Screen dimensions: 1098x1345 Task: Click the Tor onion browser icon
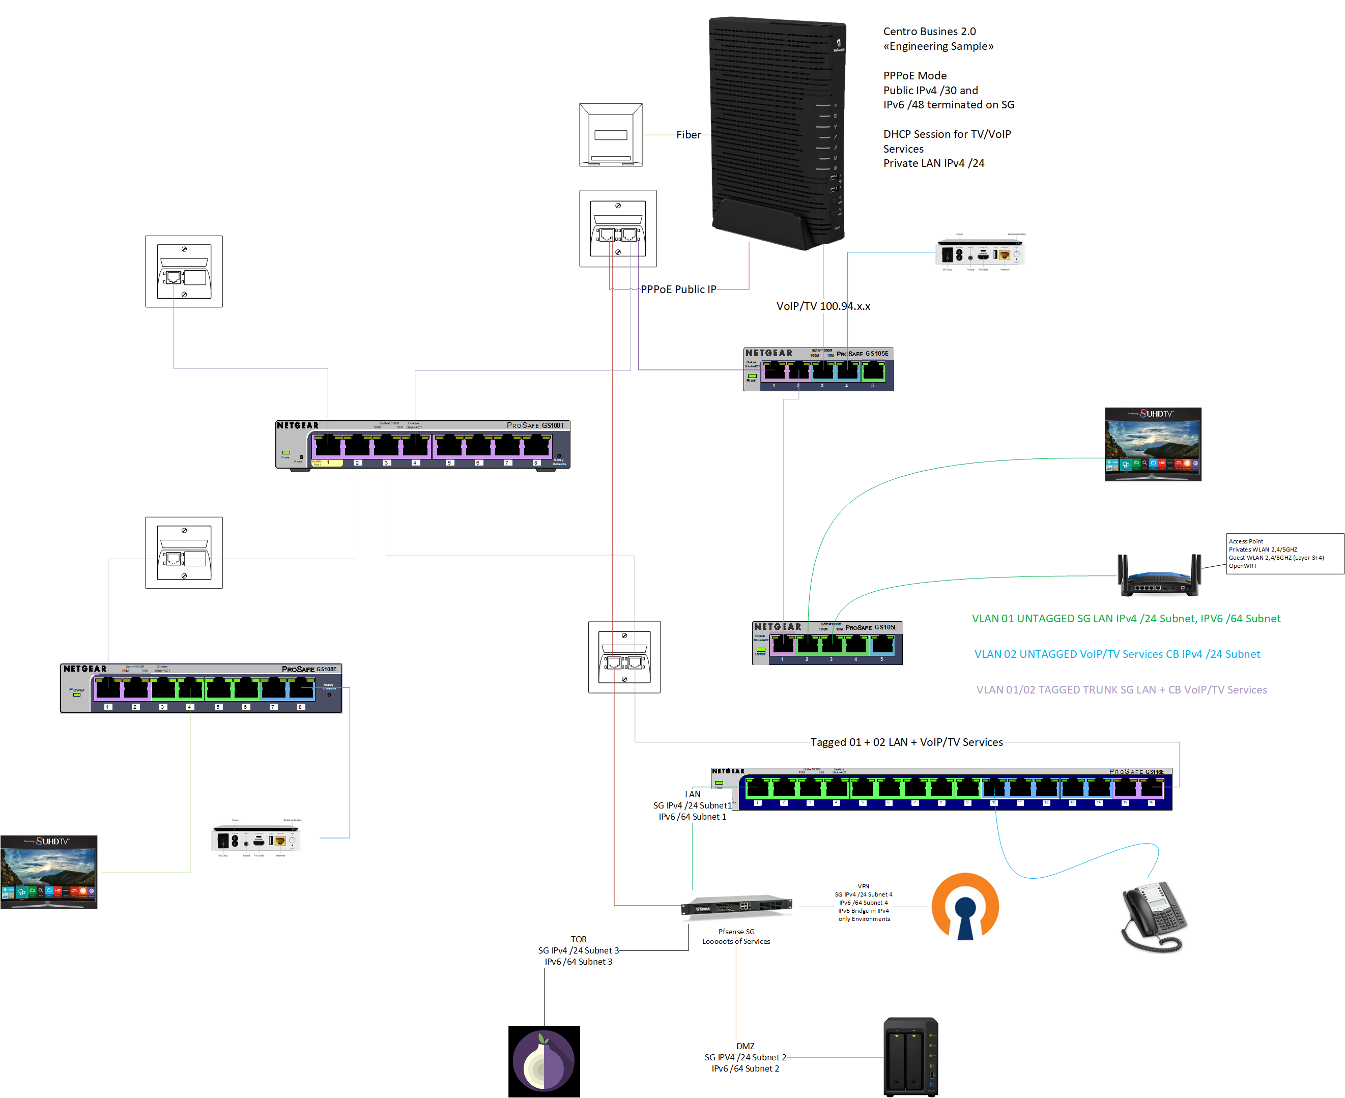click(543, 1061)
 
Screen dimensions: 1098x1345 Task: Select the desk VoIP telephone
click(1153, 917)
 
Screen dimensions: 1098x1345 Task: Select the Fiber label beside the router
click(689, 135)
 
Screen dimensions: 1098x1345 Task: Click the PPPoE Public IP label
click(678, 289)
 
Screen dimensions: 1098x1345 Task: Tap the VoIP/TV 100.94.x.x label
click(822, 306)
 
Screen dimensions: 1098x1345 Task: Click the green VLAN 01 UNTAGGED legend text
click(1126, 619)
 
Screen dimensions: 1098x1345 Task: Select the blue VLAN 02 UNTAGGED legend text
click(1117, 654)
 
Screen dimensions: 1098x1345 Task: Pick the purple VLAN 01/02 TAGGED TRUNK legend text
click(1121, 689)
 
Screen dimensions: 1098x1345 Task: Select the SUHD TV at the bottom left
click(49, 872)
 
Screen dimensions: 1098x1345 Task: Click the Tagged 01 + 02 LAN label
click(906, 742)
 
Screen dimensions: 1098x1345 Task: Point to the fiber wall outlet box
click(611, 135)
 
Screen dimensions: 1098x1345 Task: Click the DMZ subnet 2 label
click(745, 1057)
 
